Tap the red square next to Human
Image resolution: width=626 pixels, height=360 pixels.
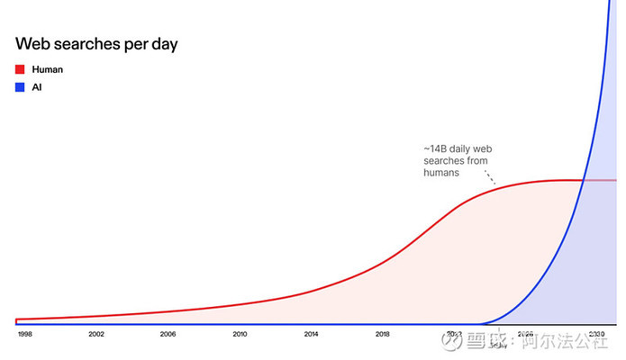pos(21,69)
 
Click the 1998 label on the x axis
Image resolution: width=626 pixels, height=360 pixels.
pos(24,334)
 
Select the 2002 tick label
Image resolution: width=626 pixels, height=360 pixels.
pos(96,334)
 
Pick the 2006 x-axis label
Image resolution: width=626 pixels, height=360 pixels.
pos(168,334)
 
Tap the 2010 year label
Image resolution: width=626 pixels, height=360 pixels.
pos(240,334)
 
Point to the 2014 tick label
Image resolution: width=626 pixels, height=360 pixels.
pos(311,334)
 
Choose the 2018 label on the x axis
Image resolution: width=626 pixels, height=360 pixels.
pos(383,334)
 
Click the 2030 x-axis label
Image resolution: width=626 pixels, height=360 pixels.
pos(596,334)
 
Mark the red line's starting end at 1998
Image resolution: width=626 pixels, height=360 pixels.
pos(18,319)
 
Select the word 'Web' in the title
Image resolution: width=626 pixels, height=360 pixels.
pos(35,43)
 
